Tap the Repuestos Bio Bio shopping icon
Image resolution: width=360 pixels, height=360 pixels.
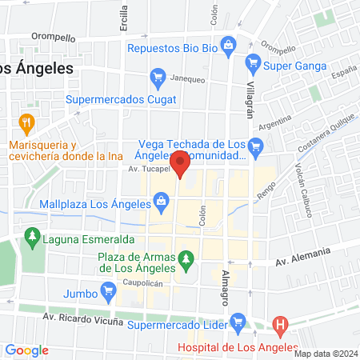[x=229, y=45]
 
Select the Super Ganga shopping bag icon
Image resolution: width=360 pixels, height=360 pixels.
[x=253, y=61]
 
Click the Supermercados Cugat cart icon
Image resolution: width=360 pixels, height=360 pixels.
[x=157, y=78]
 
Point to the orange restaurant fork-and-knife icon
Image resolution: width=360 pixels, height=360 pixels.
[x=26, y=123]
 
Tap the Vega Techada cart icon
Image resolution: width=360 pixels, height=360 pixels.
[x=256, y=146]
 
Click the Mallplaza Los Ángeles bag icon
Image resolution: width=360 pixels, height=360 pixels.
[x=162, y=200]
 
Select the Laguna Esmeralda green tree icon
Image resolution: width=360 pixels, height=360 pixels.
[x=33, y=237]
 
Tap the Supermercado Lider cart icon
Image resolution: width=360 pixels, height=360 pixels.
[x=237, y=322]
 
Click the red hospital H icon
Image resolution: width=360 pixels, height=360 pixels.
[x=280, y=325]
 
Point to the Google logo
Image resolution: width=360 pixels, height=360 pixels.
[x=26, y=350]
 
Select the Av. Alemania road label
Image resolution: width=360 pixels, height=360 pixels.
[x=303, y=257]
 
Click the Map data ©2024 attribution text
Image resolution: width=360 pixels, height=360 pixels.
[x=324, y=354]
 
